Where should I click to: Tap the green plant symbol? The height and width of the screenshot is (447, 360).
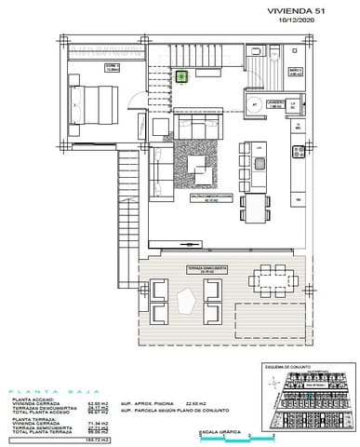click(183, 76)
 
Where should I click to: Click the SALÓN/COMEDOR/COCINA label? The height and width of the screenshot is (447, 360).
click(206, 196)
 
